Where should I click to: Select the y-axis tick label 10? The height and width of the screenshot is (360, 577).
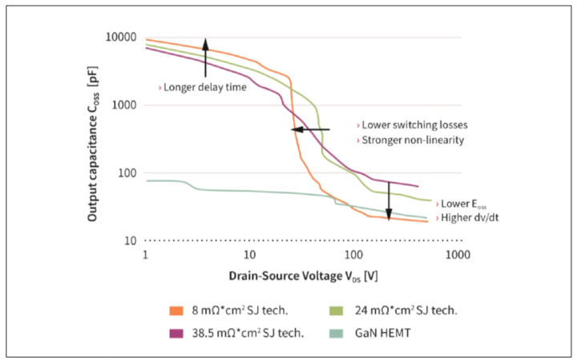click(131, 241)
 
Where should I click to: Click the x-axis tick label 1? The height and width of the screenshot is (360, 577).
click(145, 254)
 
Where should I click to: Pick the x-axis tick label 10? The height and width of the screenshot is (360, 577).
click(249, 254)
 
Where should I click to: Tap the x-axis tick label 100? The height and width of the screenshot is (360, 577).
click(353, 254)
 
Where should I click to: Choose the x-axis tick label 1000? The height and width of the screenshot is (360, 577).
click(457, 254)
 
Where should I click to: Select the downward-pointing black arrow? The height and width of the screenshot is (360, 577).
click(389, 200)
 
